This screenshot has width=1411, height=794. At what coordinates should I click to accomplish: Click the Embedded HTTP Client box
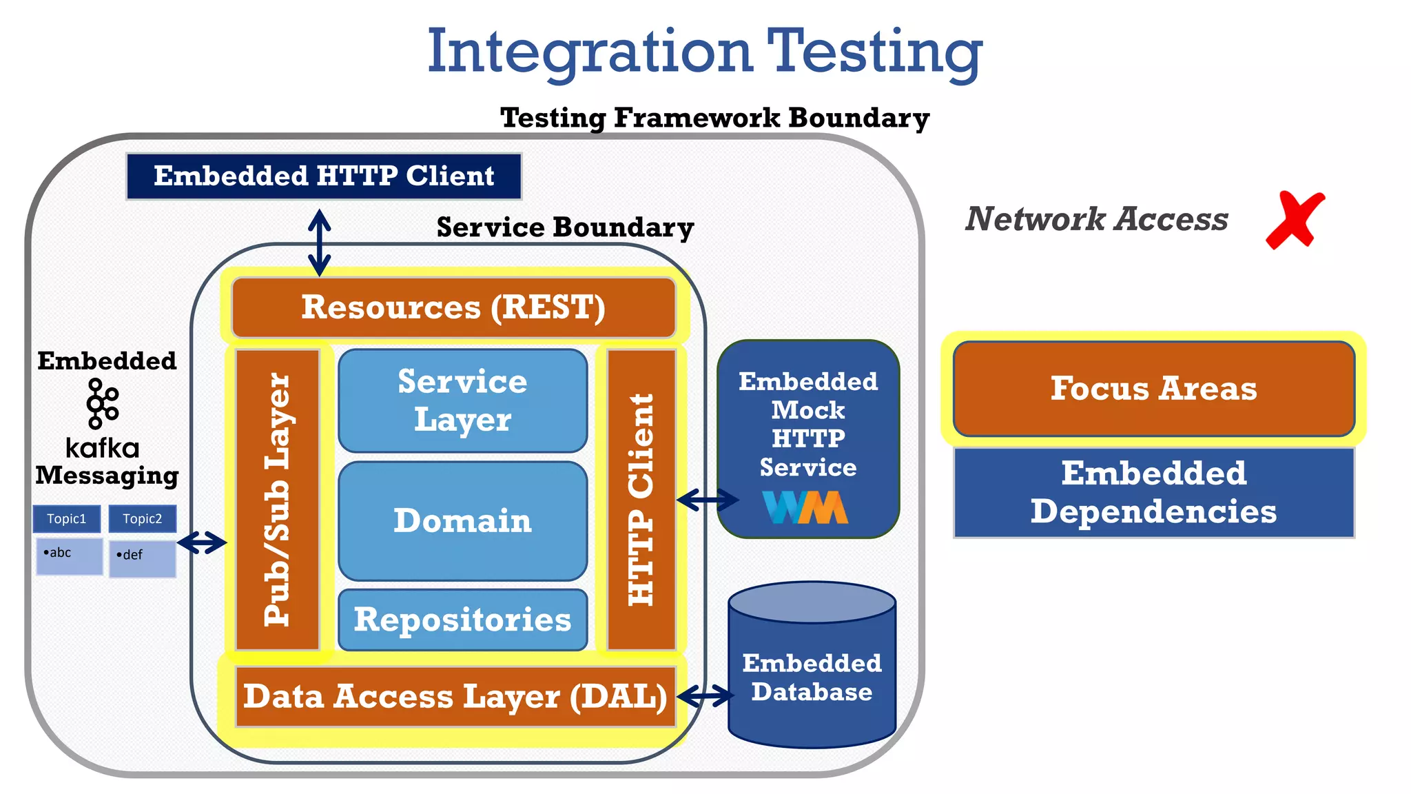point(324,176)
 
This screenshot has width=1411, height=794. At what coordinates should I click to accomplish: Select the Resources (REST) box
point(453,307)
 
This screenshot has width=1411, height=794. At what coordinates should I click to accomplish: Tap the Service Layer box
point(462,400)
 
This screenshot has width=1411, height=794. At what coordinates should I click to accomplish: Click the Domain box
point(462,521)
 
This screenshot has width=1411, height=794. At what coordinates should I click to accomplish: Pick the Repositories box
point(462,620)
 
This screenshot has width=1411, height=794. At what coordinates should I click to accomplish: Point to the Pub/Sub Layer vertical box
point(278,500)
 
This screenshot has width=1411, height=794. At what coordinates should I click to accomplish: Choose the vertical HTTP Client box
point(641,500)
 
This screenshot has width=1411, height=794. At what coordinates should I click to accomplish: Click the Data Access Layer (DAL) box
point(455,696)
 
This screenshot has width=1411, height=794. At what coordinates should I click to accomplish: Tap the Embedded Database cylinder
point(812,675)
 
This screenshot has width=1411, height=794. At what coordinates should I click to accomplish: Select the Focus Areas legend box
point(1154,389)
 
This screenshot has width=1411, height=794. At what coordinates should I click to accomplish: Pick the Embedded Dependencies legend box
point(1154,492)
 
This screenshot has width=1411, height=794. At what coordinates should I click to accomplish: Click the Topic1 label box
point(67,519)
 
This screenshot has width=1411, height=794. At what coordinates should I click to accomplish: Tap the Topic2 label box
point(143,519)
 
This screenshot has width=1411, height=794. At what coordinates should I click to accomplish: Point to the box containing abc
point(70,556)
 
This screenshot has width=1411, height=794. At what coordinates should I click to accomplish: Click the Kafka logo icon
point(103,403)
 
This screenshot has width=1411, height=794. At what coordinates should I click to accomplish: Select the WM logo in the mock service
point(805,507)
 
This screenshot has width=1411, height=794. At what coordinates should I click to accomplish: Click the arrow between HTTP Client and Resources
point(319,243)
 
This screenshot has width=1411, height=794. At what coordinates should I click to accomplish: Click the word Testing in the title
point(875,52)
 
